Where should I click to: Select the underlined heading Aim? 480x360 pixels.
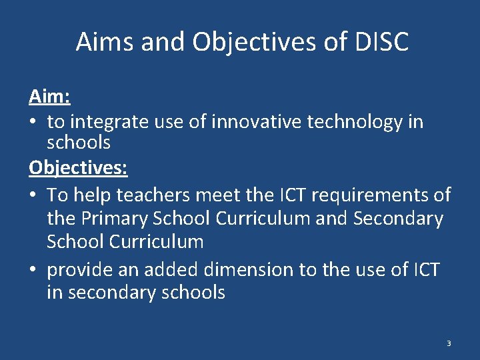click(x=49, y=97)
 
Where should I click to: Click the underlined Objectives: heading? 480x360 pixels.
click(x=78, y=168)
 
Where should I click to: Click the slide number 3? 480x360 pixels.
click(x=449, y=343)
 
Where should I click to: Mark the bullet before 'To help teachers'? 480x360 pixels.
click(x=33, y=195)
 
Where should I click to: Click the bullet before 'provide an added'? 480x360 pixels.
click(x=33, y=269)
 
